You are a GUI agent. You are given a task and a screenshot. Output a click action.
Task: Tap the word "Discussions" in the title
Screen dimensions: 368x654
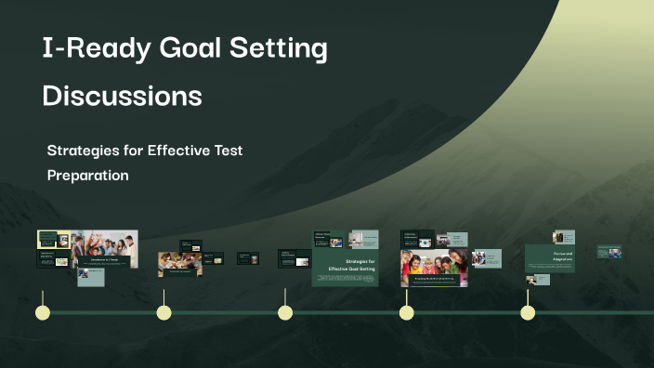tap(122, 97)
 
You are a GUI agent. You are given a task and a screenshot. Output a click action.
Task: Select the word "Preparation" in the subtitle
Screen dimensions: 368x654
tap(87, 175)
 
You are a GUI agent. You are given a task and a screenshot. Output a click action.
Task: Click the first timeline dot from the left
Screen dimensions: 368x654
tap(43, 312)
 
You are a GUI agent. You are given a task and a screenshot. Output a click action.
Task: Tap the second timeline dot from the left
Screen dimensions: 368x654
tap(163, 312)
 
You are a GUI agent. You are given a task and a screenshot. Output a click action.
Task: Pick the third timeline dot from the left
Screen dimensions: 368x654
tap(285, 312)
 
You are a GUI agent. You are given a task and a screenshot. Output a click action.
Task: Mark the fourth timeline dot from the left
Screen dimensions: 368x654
tap(406, 312)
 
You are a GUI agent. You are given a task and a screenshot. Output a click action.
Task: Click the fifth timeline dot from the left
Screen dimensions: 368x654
tap(528, 312)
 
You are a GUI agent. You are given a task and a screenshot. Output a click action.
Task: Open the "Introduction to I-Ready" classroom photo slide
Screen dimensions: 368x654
tap(104, 249)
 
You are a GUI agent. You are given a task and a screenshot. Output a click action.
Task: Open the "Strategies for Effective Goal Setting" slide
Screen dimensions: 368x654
tap(346, 268)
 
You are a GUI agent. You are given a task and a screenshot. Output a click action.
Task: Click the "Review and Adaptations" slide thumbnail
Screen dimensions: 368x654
tap(550, 258)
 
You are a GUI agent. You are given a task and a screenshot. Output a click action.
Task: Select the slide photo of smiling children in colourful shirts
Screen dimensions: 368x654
tap(434, 267)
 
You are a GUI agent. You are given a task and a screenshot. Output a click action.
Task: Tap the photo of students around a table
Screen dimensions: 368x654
tap(174, 265)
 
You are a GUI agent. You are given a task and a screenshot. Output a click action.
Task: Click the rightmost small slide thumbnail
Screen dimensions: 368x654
tap(609, 252)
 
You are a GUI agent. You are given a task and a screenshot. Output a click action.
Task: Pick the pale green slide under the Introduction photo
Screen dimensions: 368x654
tap(90, 278)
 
